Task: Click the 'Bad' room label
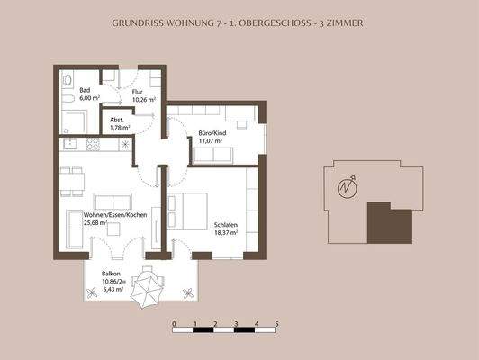coord(85,90)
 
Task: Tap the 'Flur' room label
coord(138,90)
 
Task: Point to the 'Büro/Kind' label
coord(212,134)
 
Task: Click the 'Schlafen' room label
coord(226,225)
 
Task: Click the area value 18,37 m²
coord(226,233)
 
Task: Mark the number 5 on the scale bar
coord(276,322)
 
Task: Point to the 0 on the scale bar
coord(174,322)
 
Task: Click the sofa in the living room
coord(113,202)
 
